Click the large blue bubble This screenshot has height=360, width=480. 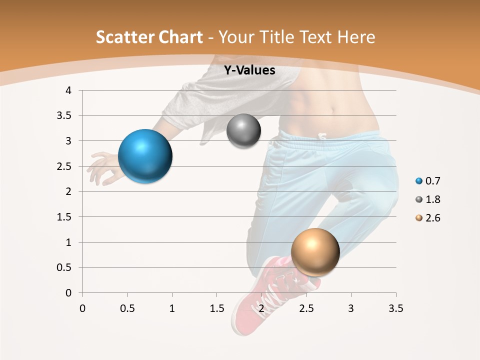pos(145,156)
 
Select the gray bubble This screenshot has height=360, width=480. pos(243,131)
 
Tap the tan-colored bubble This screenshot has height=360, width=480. pos(315,252)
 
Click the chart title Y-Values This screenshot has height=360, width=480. pos(249,70)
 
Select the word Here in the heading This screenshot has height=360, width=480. pos(355,37)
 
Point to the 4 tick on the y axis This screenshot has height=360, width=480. pos(69,90)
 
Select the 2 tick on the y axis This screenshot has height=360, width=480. pos(69,191)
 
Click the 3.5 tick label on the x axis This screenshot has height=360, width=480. pos(395,308)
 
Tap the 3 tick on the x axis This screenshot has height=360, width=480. pos(351,308)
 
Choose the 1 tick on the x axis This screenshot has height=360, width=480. pos(172,308)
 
